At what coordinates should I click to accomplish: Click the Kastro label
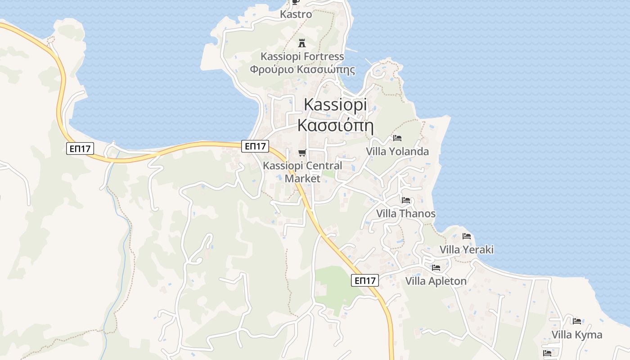coord(296,14)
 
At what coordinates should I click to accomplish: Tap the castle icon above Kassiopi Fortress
coord(302,44)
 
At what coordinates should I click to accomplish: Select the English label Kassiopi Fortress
coord(302,57)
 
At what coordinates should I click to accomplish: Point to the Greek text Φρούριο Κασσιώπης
coord(302,70)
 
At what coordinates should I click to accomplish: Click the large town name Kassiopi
coord(335,104)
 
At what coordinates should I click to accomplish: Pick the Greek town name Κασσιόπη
coord(335,124)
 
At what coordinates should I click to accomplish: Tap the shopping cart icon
coord(302,153)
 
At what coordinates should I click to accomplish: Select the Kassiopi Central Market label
coord(302,172)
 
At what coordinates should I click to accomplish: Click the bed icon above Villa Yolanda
coord(397,138)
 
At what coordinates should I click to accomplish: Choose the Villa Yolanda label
coord(397,152)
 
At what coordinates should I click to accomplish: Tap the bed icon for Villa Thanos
coord(405,200)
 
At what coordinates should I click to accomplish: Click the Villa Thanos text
coord(406,213)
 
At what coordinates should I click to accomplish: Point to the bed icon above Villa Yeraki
coord(466,236)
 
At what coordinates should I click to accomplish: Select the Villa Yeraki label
coord(467,250)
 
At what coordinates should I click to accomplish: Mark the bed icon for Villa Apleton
coord(436,268)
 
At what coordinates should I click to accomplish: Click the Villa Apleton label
coord(436,282)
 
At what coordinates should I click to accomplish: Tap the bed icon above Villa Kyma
coord(576,321)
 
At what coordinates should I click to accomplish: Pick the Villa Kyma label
coord(577,335)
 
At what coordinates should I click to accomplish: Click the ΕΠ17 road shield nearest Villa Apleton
coord(364,281)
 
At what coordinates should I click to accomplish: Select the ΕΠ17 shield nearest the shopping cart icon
coord(255,146)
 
